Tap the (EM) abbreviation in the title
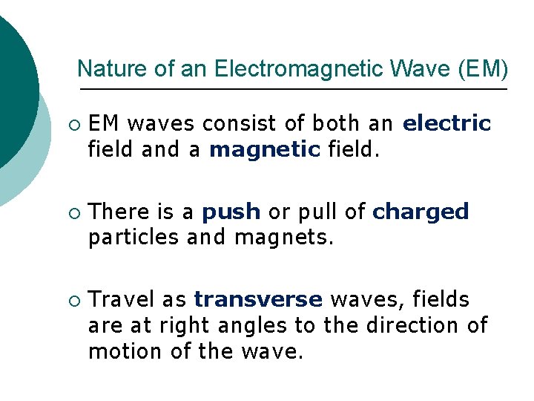click(x=484, y=69)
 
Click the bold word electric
click(x=446, y=123)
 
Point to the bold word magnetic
click(x=265, y=149)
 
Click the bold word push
click(x=231, y=212)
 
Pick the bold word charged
click(x=421, y=212)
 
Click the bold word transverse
click(x=258, y=299)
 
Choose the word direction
click(x=414, y=325)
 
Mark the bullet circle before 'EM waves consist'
click(x=72, y=123)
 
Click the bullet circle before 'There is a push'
click(x=72, y=212)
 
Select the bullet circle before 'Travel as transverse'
click(x=72, y=300)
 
